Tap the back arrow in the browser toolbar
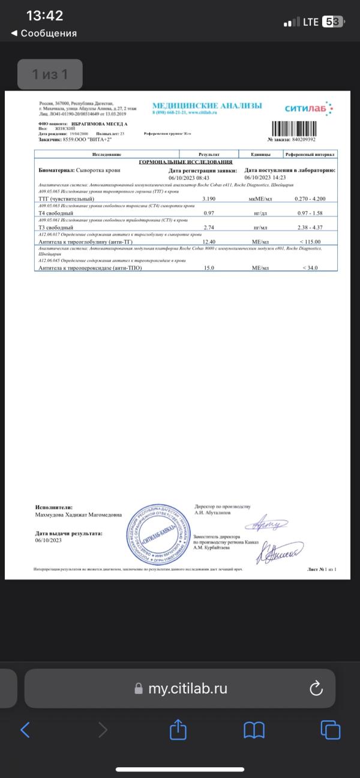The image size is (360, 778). (x=25, y=729)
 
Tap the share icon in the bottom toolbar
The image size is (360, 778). (x=178, y=729)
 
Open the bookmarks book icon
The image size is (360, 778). (x=254, y=729)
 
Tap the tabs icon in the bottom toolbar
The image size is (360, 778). (x=331, y=729)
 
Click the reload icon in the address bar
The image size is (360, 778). (x=316, y=689)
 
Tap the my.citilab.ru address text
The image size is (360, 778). (x=188, y=689)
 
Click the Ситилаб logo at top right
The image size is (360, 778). (x=308, y=109)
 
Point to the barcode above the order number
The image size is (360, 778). (x=304, y=128)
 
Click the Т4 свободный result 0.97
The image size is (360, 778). (x=209, y=213)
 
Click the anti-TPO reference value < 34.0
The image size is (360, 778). (x=312, y=268)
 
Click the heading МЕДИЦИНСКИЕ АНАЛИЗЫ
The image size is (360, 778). (x=207, y=106)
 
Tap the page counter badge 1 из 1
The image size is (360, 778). (x=50, y=74)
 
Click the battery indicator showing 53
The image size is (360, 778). (x=334, y=22)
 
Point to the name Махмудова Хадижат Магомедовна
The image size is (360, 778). (x=78, y=515)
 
